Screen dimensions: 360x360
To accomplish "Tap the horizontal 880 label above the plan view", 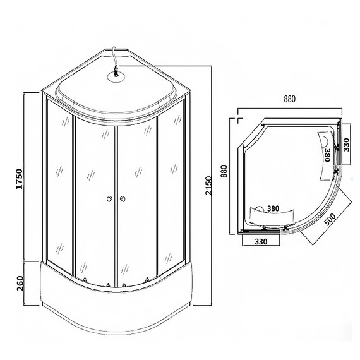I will (x=290, y=99).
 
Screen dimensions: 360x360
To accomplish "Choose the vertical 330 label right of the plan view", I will (x=346, y=146).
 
